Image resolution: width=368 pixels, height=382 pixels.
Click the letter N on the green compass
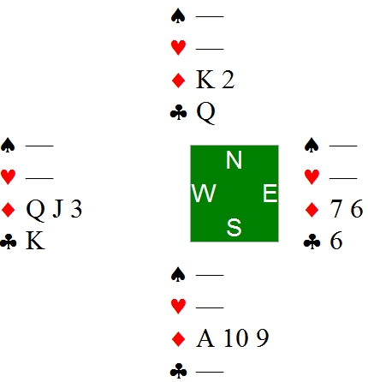pos(234,160)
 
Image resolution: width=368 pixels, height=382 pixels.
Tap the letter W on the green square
pos(204,193)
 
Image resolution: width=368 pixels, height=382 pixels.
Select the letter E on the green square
pos(270,193)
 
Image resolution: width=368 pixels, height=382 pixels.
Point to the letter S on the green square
pos(234,227)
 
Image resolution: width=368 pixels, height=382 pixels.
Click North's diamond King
pos(205,80)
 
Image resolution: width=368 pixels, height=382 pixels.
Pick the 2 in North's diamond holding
pos(229,80)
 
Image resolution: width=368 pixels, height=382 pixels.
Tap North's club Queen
pos(205,113)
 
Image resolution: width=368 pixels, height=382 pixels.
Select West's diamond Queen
pos(35,210)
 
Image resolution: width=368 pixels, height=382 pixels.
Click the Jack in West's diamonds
pos(58,209)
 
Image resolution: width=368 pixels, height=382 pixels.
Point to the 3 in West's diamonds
pos(76,209)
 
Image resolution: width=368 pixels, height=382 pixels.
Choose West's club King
pos(35,242)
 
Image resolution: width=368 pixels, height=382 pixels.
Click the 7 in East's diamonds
pos(336,209)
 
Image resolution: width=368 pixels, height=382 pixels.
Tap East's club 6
pos(336,241)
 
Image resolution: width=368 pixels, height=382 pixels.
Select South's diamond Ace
pos(205,338)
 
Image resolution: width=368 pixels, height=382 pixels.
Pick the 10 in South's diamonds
pos(235,338)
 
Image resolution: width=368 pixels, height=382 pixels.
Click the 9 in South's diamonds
pos(263,338)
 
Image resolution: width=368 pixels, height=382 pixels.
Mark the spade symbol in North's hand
pos(178,16)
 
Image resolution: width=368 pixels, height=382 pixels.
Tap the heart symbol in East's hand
pos(312,176)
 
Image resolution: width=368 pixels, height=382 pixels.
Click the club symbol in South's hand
pos(178,371)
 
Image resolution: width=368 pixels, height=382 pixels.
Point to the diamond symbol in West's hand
pos(9,210)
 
